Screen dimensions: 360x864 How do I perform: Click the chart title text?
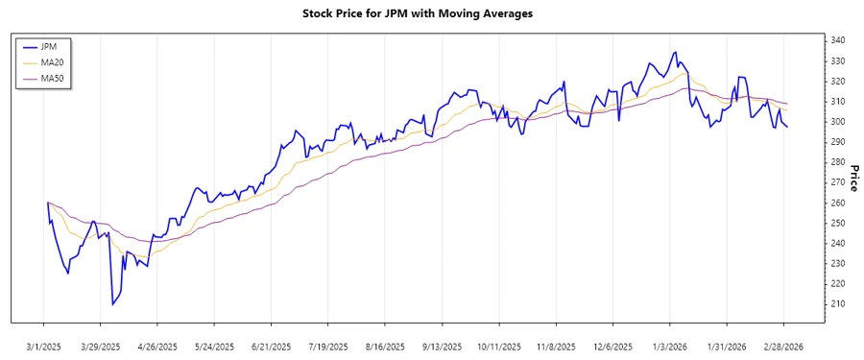tap(431, 14)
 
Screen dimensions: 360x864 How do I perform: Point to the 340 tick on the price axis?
tap(837, 40)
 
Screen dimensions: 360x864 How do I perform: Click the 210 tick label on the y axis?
tap(837, 304)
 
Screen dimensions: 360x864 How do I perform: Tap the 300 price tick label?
tap(837, 122)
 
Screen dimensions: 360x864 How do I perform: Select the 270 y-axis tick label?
tap(837, 182)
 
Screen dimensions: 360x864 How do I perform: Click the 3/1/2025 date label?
tap(44, 346)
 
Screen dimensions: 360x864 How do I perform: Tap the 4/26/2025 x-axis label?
tap(157, 346)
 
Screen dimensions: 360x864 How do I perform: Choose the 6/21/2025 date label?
tap(272, 346)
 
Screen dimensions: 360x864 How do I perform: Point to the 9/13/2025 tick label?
tap(443, 346)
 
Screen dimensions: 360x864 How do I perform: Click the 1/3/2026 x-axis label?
tap(670, 346)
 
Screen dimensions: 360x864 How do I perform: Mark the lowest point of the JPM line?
tap(112, 304)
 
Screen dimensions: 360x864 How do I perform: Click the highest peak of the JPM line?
tap(675, 52)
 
